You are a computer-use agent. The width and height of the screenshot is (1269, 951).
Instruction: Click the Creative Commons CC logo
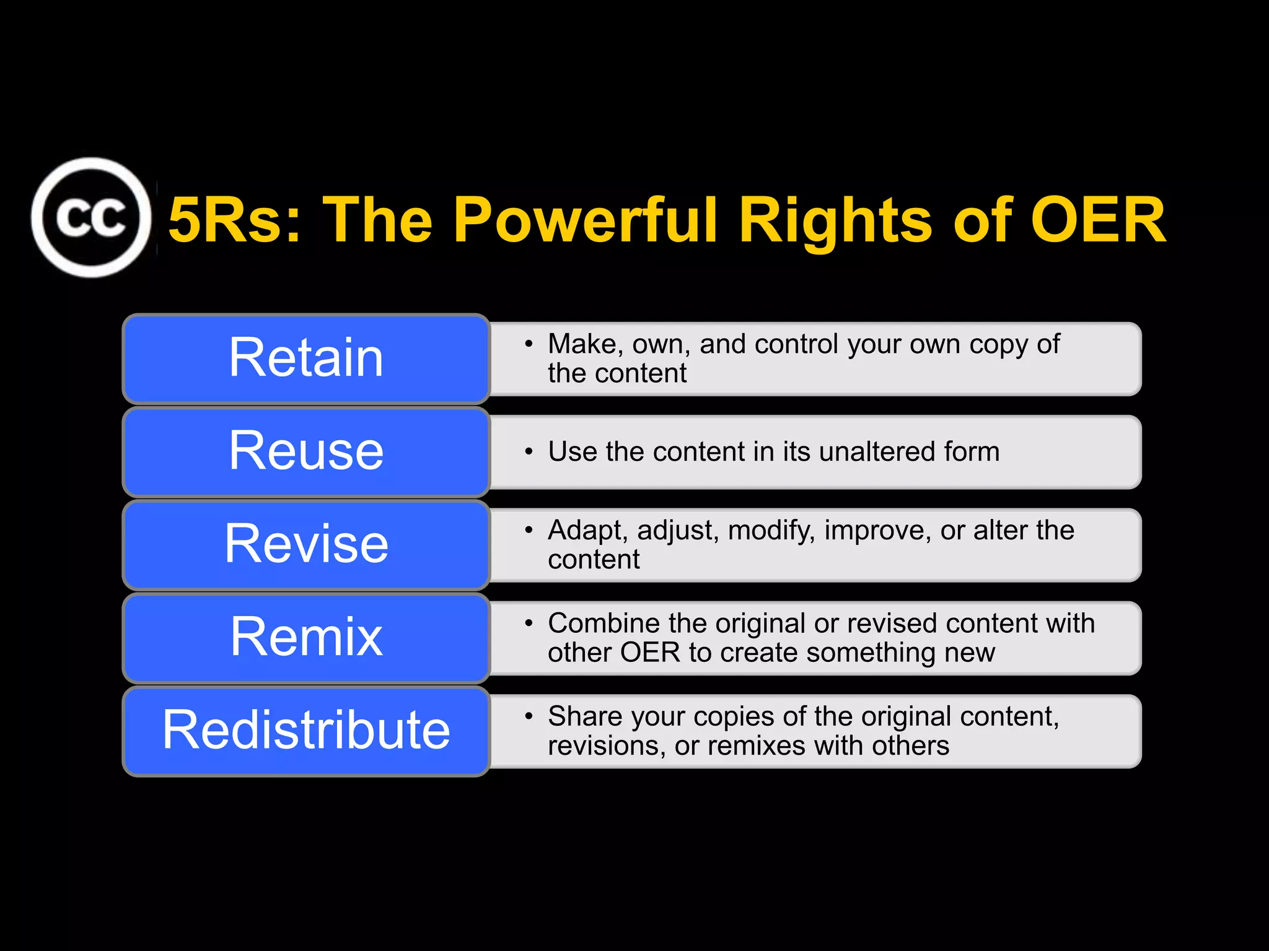(x=91, y=217)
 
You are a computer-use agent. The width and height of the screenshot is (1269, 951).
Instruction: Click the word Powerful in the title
(x=586, y=220)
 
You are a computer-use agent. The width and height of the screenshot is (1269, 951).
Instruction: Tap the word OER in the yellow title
(x=1097, y=220)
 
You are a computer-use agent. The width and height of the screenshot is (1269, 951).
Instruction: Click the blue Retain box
(x=306, y=358)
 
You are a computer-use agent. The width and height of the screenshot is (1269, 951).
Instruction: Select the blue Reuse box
(x=306, y=451)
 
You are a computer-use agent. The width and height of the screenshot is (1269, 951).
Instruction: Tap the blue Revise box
(x=306, y=544)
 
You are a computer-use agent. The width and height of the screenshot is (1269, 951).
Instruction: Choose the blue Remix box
(x=306, y=638)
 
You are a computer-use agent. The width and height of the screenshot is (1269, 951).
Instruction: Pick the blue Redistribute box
(x=306, y=731)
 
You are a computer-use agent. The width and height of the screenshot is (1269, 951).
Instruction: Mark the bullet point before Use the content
(x=529, y=452)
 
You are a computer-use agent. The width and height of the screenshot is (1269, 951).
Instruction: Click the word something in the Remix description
(x=871, y=653)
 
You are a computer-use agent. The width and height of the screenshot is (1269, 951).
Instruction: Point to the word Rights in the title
(x=836, y=220)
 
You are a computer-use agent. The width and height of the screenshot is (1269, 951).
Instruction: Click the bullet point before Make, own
(x=529, y=344)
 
